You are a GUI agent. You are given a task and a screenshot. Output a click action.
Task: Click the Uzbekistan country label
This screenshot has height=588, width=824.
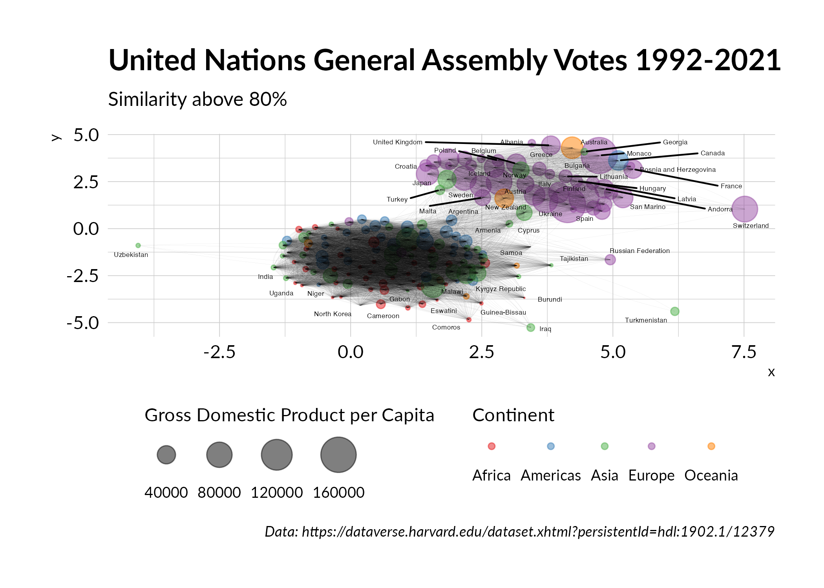click(131, 255)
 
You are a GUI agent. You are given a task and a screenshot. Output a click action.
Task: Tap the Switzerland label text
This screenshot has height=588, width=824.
click(750, 226)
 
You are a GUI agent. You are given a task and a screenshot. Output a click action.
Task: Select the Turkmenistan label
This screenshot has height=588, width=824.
click(645, 320)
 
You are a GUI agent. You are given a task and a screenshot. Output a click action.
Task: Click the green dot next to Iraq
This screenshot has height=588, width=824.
click(530, 328)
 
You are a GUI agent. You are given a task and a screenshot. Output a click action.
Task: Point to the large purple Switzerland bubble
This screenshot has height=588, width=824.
click(744, 209)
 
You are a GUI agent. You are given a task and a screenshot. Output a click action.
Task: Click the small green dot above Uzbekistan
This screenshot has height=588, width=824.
click(138, 246)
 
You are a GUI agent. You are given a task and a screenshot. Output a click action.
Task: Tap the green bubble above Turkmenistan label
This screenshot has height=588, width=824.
click(674, 311)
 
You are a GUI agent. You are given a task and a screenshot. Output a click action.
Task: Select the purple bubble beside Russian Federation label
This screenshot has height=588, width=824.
click(610, 260)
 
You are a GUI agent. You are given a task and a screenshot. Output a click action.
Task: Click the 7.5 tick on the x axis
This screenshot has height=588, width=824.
click(744, 352)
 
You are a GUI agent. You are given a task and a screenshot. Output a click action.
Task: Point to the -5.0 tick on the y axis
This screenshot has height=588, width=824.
click(83, 323)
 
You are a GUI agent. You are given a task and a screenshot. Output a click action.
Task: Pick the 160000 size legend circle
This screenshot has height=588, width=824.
click(338, 455)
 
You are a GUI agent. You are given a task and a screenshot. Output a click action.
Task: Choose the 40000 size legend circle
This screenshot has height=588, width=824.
click(166, 455)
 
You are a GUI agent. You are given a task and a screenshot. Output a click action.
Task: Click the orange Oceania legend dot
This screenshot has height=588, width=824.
click(711, 446)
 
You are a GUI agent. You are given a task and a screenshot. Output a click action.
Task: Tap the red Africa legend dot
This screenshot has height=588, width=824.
click(491, 446)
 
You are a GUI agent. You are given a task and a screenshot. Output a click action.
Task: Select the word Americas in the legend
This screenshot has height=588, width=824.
click(550, 475)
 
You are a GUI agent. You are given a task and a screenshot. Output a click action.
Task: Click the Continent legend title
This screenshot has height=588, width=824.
click(513, 415)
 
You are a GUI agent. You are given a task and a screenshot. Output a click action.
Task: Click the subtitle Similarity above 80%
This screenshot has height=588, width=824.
click(197, 99)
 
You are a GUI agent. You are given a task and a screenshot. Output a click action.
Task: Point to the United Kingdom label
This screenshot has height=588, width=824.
click(397, 142)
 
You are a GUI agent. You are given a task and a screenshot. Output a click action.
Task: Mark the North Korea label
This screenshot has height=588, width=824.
click(332, 314)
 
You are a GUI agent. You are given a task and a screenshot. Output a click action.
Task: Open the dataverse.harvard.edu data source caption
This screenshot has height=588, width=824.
click(519, 532)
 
